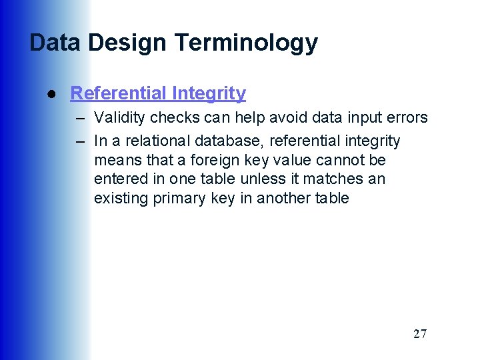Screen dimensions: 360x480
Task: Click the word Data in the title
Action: point(55,43)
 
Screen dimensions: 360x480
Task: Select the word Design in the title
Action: point(127,43)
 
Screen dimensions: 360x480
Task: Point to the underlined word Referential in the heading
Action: point(117,93)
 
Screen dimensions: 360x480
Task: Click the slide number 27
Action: point(419,334)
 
